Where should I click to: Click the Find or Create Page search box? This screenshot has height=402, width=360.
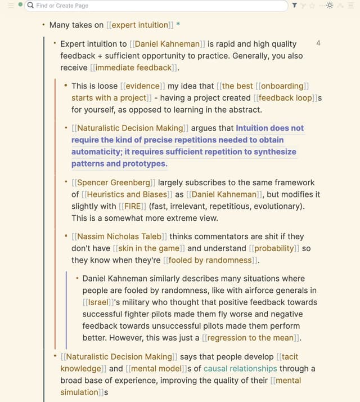point(157,5)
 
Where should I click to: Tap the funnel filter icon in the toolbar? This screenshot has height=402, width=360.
point(295,5)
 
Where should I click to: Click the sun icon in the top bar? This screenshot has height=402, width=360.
point(330,5)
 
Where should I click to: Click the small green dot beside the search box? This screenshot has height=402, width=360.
point(20,5)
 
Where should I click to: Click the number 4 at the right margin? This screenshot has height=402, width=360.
point(319,43)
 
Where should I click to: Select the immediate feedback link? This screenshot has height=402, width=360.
point(133,68)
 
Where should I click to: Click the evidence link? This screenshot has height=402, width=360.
point(143,86)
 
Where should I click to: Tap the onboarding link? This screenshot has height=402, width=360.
point(282,86)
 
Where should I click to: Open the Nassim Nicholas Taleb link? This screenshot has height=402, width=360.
point(119,236)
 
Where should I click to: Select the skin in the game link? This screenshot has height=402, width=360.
point(149,248)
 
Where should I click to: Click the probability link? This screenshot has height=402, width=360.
point(274,248)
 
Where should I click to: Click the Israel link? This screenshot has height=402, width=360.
point(98,302)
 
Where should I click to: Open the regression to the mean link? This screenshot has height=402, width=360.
point(251,338)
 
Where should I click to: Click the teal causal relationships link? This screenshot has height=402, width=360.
point(240,368)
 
